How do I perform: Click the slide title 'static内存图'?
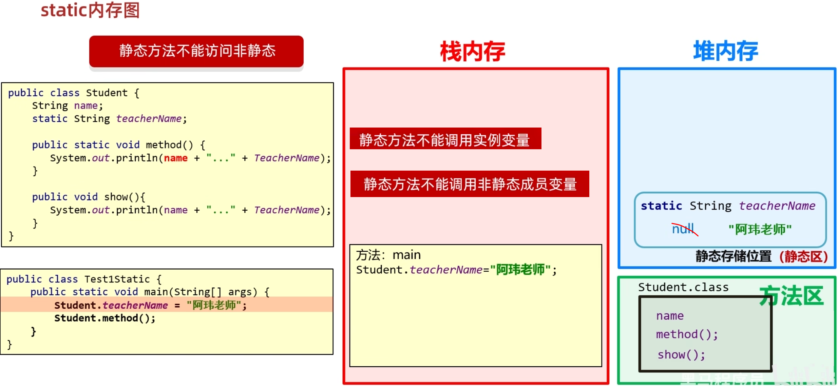pos(90,10)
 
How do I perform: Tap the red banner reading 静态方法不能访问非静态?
pos(196,51)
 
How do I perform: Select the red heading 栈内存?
pos(473,52)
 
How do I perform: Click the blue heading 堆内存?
pos(725,51)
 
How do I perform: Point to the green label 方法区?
pos(791,296)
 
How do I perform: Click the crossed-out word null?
pos(683,229)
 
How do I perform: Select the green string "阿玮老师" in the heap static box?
pos(760,230)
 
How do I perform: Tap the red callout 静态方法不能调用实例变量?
pos(445,139)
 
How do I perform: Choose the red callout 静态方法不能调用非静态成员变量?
pos(470,184)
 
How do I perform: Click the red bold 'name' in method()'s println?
pos(176,158)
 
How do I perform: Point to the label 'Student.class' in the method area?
pos(683,287)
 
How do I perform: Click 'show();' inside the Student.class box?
pos(681,355)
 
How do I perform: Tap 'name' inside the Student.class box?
pos(670,316)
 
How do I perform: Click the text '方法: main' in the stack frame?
pos(388,255)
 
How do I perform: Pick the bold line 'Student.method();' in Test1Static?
pos(104,318)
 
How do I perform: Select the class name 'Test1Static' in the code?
pos(117,279)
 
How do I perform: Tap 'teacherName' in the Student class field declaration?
pos(149,119)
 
